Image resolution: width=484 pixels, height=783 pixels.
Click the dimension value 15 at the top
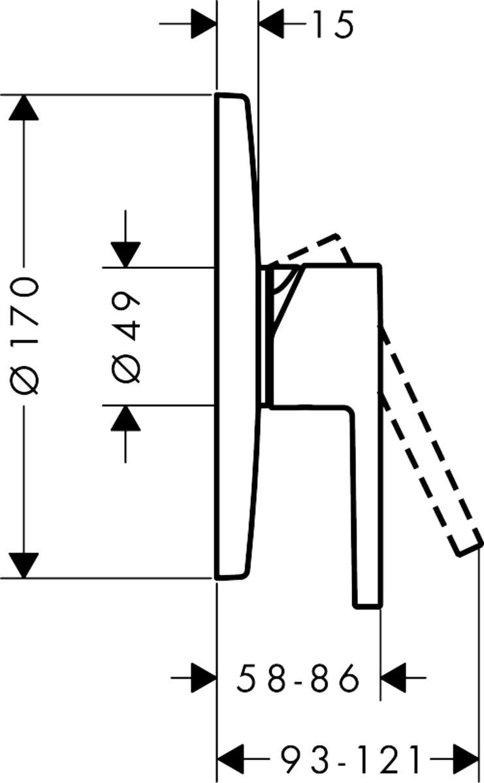[333, 24]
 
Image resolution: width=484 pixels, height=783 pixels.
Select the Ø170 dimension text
[24, 336]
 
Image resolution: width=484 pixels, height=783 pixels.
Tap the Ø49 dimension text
[125, 337]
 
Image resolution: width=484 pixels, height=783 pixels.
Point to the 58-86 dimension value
[298, 678]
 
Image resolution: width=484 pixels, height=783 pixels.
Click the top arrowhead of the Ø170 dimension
[24, 108]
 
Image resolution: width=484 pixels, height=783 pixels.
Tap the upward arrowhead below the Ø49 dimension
[125, 418]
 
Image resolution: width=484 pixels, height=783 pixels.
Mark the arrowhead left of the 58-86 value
[204, 677]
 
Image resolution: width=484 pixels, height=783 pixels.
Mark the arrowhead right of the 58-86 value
[393, 677]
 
